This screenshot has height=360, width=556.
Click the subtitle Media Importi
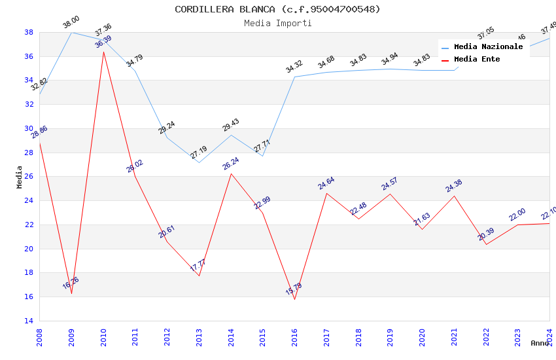[277, 23]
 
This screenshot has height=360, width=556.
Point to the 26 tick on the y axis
[29, 177]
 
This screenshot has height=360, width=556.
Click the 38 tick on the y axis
[29, 32]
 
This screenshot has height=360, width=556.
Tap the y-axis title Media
[20, 177]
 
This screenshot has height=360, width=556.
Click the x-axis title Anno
[540, 343]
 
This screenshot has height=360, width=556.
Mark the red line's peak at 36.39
[103, 52]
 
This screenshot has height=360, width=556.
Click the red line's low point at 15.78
[294, 299]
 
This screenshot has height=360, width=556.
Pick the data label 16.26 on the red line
[71, 283]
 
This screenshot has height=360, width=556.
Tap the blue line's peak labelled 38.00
[71, 32]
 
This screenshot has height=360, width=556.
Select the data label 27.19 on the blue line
[198, 153]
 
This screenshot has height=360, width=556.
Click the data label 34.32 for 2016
[294, 66]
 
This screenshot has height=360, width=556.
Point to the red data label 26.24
[231, 164]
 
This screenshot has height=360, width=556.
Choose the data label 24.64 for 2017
[326, 183]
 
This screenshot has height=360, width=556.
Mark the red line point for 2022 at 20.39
[486, 244]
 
